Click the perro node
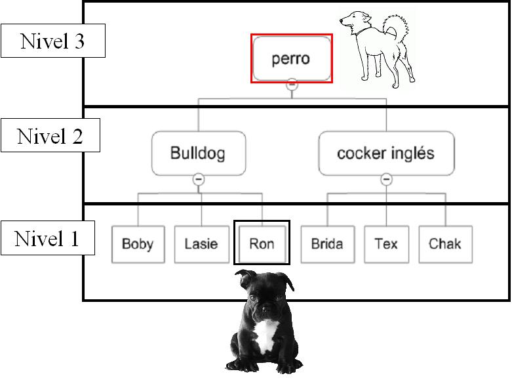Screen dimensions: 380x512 291,58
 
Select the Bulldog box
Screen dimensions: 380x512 198,153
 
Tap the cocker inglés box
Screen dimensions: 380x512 385,153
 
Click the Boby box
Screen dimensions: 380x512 138,244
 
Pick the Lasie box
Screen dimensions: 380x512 201,244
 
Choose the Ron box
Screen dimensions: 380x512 262,244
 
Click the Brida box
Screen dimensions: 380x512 326,244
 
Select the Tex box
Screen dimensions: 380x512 386,244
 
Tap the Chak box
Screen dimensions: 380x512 445,244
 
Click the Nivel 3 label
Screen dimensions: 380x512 52,41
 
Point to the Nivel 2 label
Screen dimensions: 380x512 50,137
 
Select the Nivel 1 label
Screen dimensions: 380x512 47,238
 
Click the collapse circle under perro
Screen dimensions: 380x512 292,85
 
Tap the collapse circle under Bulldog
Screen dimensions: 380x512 199,179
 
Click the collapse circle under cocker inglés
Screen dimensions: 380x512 387,179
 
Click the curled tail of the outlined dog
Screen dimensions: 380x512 397,30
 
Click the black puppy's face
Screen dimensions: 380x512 266,302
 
